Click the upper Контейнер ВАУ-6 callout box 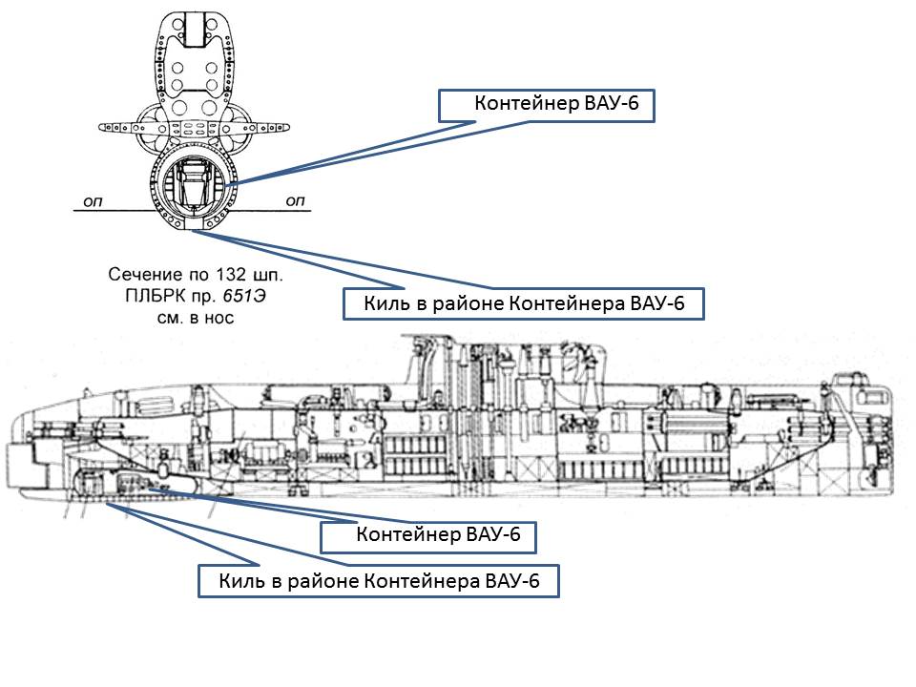pyautogui.click(x=547, y=105)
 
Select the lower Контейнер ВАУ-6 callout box pyautogui.click(x=427, y=535)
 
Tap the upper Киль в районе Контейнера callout pyautogui.click(x=523, y=304)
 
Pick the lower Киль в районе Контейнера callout pyautogui.click(x=378, y=581)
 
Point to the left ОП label pyautogui.click(x=94, y=200)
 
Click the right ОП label pyautogui.click(x=295, y=200)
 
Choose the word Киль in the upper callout pyautogui.click(x=382, y=304)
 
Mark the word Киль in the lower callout pyautogui.click(x=237, y=581)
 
